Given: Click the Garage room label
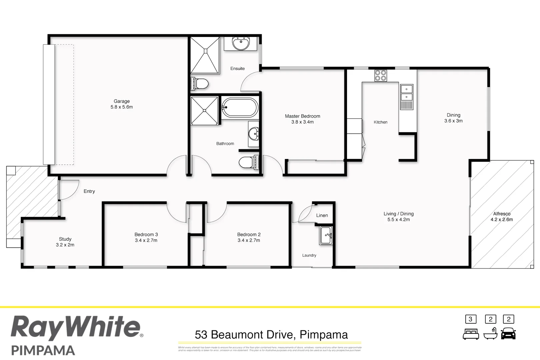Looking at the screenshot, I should pos(122,101).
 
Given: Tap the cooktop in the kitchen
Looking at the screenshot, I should pos(380,75).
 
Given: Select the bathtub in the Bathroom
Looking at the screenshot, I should pos(240,107).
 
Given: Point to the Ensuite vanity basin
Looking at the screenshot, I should pos(240,43).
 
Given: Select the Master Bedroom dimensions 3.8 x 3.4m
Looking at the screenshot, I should pos(302,122).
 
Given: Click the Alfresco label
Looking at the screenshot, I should pos(502,214).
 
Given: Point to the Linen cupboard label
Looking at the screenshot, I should pos(322,215).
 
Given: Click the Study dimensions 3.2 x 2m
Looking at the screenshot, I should pos(65,245).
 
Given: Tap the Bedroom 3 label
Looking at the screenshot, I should pos(146,234).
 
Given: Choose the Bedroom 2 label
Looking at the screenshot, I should pos(249,234).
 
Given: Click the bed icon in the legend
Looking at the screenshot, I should pos(471,334).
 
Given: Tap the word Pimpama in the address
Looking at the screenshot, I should pos(324,334).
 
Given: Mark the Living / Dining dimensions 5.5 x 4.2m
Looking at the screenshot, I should pos(398,219).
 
